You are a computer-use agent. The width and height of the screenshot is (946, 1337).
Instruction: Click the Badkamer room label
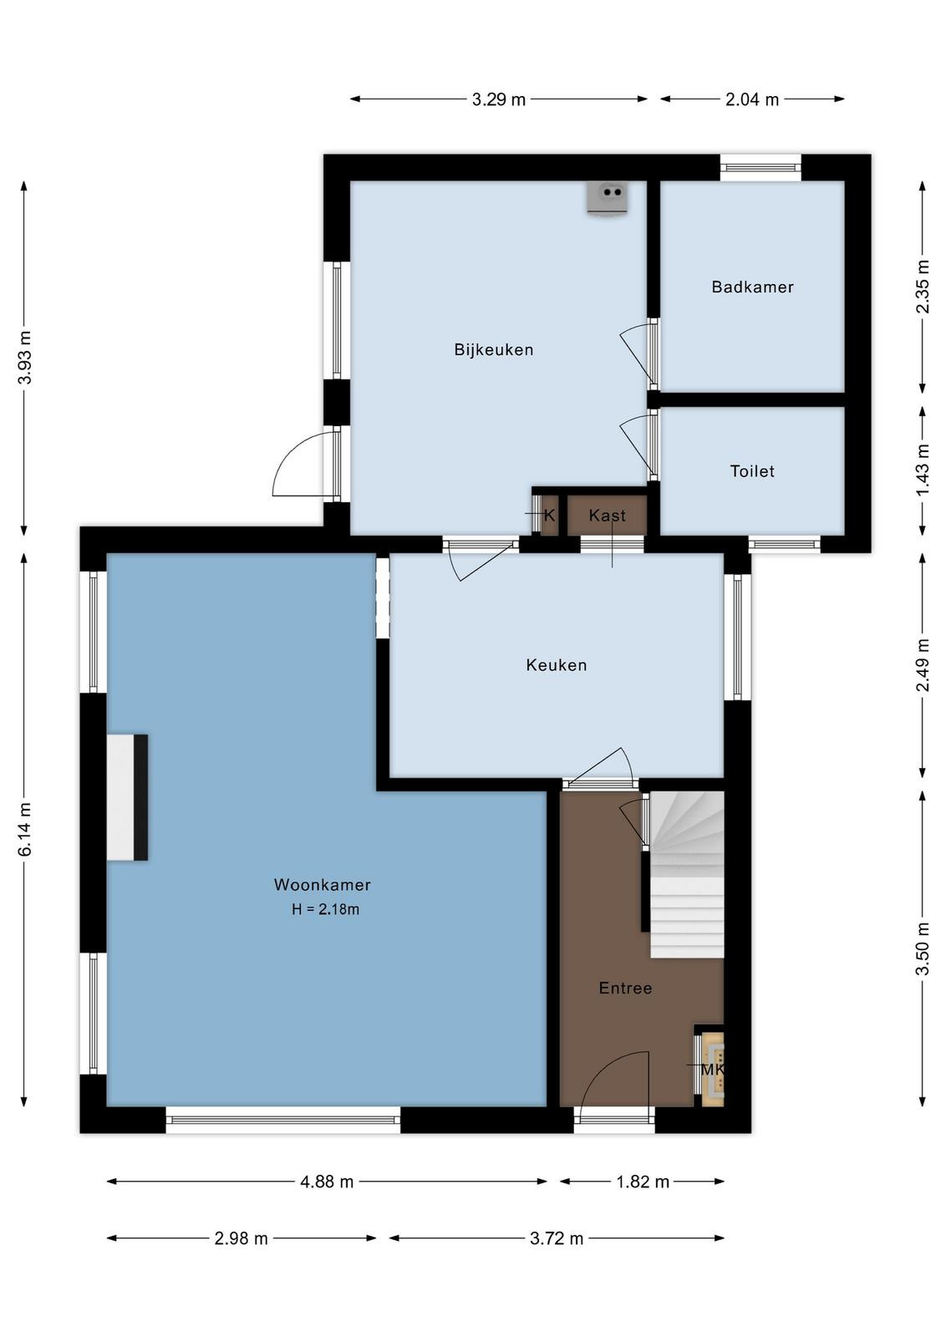752,287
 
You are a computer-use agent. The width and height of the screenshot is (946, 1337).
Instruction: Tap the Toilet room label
752,471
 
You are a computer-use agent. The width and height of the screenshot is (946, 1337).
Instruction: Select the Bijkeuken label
494,350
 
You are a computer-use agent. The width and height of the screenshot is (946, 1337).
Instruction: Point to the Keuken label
557,665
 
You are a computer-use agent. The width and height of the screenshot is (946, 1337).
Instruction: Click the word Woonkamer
323,885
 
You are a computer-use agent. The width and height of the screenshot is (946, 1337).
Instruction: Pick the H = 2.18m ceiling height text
325,910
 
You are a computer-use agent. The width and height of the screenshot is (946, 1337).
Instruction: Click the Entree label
625,989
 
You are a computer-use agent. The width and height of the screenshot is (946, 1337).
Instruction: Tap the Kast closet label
607,516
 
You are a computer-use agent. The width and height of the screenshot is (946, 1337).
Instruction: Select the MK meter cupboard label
712,1070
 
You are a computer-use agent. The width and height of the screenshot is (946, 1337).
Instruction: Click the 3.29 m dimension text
498,99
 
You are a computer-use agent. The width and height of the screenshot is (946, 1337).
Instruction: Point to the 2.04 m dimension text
752,99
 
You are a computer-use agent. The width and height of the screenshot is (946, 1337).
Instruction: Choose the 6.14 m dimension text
25,829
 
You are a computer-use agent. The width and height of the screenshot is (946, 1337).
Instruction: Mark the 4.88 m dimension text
327,1182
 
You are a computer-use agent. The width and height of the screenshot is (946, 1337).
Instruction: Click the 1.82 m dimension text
642,1182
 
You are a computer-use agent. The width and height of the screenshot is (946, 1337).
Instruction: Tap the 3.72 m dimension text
557,1238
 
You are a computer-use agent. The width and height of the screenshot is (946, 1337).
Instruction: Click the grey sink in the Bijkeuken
608,197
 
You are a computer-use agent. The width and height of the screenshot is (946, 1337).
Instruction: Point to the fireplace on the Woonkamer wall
127,797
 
